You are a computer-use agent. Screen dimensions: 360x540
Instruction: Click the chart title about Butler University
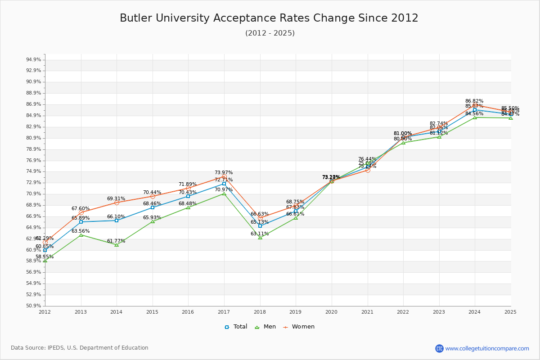(269, 18)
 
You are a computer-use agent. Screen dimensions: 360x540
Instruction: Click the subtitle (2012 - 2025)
(270, 33)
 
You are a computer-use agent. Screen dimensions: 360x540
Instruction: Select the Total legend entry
(236, 327)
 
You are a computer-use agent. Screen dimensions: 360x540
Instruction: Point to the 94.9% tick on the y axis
(34, 60)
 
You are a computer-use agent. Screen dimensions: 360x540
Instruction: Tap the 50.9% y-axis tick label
(34, 306)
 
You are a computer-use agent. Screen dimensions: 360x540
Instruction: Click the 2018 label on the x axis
(260, 311)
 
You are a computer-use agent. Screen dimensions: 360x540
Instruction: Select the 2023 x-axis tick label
(439, 311)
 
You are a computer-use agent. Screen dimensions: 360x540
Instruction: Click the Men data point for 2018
(260, 237)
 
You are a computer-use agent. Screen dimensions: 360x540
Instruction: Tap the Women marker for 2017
(224, 177)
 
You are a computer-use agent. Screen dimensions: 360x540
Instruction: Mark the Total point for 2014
(117, 220)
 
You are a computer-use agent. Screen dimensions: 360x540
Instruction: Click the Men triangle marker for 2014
(117, 245)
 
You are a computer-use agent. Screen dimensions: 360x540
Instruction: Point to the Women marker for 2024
(475, 105)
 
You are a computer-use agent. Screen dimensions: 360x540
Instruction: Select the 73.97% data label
(224, 173)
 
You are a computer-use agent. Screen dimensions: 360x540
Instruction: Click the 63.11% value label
(260, 234)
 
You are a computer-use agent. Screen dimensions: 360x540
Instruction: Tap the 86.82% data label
(474, 101)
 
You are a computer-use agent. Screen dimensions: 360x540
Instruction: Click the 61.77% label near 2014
(116, 241)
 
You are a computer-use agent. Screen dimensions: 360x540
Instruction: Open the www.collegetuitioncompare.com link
(487, 348)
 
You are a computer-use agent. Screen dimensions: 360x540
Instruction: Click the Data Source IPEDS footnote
(80, 348)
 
